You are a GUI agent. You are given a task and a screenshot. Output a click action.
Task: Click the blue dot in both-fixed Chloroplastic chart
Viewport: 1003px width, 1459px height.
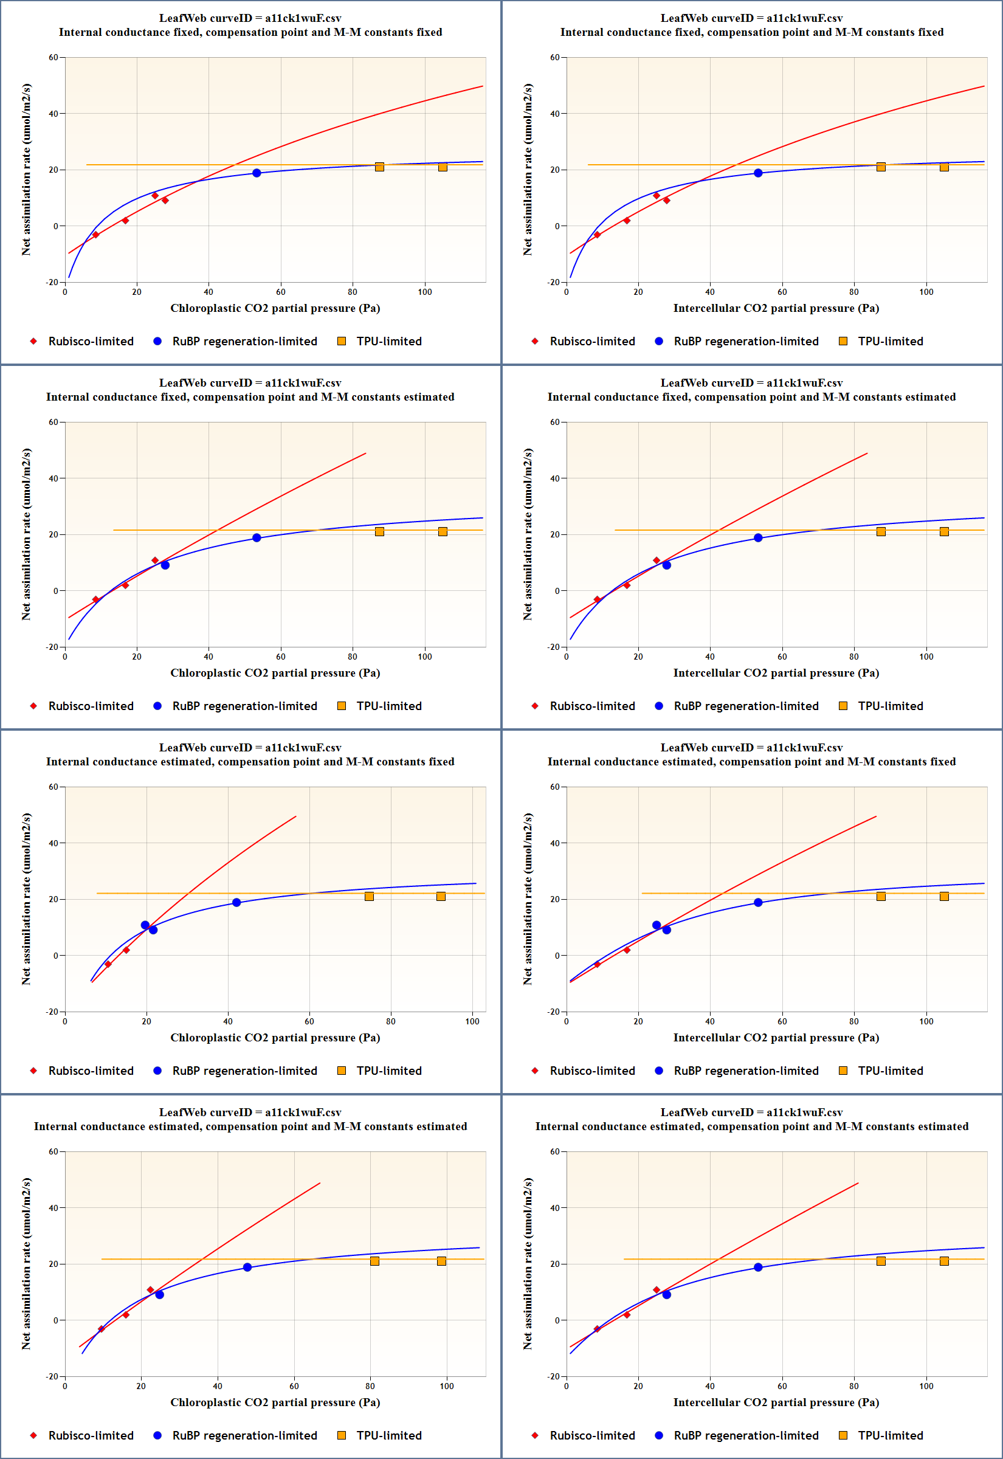(x=257, y=173)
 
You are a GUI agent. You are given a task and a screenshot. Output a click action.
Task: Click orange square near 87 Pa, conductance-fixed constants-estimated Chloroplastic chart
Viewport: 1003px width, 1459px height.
(x=379, y=531)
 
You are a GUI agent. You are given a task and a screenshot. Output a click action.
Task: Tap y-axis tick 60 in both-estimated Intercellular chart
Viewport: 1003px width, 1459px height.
(x=555, y=1152)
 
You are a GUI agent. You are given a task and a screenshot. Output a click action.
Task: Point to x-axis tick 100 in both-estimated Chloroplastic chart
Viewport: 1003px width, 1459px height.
(x=447, y=1386)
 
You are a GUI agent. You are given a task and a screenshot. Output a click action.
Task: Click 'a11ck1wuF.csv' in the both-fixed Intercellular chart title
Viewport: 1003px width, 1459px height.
(x=804, y=18)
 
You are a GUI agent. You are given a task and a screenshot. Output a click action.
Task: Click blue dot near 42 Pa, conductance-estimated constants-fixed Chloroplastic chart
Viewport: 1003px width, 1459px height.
(x=236, y=902)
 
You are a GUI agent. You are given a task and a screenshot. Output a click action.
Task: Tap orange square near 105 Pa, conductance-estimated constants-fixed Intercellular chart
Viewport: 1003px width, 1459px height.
(x=944, y=897)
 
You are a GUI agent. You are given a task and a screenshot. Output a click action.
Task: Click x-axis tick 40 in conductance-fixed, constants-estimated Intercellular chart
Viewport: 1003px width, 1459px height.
(x=710, y=657)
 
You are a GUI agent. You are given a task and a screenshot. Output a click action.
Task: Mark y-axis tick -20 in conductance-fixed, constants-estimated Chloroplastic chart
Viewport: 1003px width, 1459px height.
(x=52, y=647)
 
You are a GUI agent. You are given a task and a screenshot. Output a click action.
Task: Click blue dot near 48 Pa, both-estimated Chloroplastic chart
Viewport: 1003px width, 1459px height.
(x=247, y=1268)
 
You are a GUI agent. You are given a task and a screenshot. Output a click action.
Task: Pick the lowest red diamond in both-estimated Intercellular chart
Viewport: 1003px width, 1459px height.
(x=597, y=1329)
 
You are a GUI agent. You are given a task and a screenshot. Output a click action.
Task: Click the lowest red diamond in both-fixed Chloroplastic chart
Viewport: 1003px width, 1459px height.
(x=95, y=235)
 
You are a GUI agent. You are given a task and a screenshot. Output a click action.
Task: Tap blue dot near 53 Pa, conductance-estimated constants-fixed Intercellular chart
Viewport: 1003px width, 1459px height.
(x=758, y=902)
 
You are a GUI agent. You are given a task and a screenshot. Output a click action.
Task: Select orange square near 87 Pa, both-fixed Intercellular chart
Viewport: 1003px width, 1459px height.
(x=881, y=167)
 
